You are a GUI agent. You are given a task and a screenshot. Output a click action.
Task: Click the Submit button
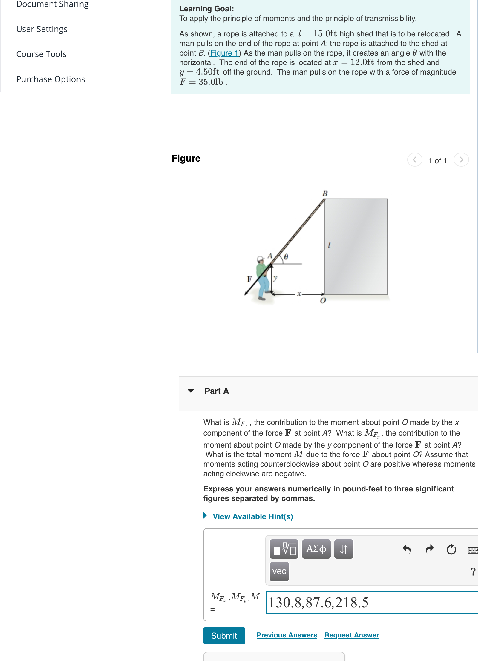click(224, 635)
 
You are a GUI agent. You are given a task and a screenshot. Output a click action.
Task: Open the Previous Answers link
click(287, 635)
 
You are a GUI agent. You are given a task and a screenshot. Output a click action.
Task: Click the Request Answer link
click(351, 635)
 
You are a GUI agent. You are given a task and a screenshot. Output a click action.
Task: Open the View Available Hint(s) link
click(252, 516)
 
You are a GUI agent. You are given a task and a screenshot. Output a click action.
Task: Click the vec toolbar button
click(279, 571)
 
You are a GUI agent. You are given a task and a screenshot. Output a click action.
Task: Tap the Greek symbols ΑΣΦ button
click(316, 549)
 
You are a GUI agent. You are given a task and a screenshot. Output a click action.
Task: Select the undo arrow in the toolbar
click(407, 549)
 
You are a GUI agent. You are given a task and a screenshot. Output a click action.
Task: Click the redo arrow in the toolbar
click(429, 549)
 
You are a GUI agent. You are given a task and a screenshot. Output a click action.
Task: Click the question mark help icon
click(473, 571)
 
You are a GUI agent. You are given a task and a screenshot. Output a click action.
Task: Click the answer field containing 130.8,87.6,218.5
click(370, 602)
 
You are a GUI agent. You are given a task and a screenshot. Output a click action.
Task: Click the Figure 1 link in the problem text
click(224, 53)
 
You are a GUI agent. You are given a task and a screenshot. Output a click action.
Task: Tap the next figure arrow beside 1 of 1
click(461, 160)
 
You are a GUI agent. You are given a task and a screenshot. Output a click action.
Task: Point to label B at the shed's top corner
click(325, 193)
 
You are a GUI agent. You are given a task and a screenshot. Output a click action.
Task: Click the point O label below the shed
click(323, 301)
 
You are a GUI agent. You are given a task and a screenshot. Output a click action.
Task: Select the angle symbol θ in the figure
click(286, 257)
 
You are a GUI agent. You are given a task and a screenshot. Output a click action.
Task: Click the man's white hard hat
click(261, 259)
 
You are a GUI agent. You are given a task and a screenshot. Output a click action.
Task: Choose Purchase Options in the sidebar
click(50, 79)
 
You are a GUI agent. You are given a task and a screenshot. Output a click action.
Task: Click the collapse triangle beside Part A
click(191, 391)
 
